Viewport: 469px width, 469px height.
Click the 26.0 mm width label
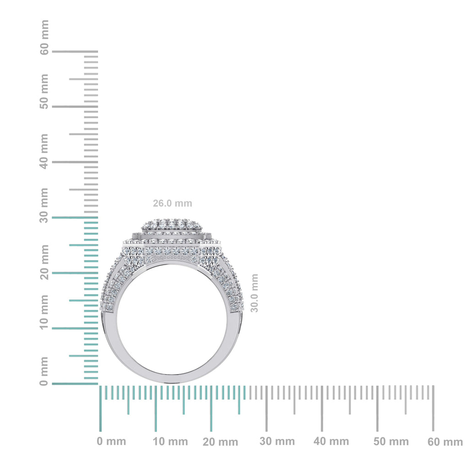(172, 203)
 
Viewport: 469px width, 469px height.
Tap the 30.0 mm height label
(255, 293)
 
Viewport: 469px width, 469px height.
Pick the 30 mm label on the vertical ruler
(44, 205)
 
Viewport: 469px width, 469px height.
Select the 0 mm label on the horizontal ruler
(111, 442)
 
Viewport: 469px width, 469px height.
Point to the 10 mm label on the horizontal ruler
(170, 442)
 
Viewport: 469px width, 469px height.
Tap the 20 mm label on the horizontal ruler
(221, 442)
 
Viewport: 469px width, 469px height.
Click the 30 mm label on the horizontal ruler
(277, 442)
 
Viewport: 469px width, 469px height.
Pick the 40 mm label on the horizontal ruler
(331, 442)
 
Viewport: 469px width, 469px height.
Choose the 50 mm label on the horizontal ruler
(391, 442)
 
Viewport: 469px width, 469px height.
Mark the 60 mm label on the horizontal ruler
(445, 442)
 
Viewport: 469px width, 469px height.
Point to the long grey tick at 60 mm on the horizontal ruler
(433, 408)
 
